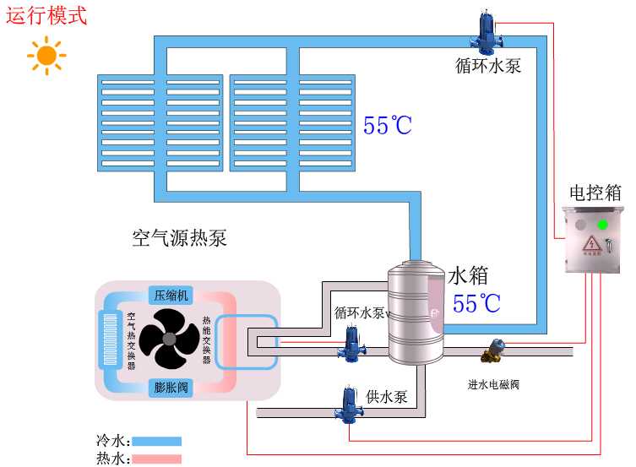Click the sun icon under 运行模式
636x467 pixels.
click(x=46, y=57)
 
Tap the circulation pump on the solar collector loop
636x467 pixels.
click(x=487, y=32)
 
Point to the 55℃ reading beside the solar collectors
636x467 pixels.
click(x=388, y=126)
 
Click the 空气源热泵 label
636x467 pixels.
click(x=179, y=237)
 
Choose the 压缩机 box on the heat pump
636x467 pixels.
click(x=171, y=295)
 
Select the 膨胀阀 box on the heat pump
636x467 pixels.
click(x=171, y=388)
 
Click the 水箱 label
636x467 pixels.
click(x=468, y=275)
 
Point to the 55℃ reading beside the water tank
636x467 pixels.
click(x=476, y=303)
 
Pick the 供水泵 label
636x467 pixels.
click(x=388, y=396)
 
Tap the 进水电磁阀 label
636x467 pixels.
click(x=493, y=384)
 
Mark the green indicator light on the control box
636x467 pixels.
click(x=601, y=225)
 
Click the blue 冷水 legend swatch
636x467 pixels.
click(x=156, y=441)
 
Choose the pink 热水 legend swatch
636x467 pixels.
click(x=156, y=459)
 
